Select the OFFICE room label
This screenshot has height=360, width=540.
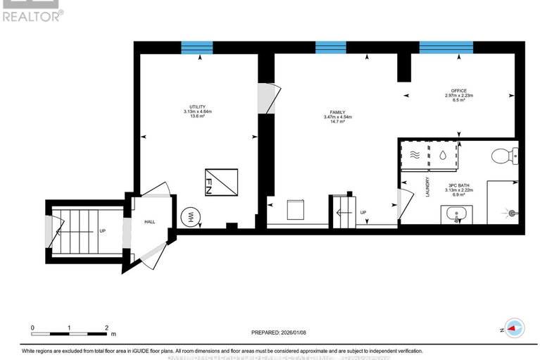pos(458,91)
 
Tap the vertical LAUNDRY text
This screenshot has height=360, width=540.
pos(427,187)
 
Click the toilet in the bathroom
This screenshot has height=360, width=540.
pos(504,154)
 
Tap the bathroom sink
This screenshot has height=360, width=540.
pos(456,214)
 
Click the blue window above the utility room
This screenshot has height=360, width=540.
pos(197,48)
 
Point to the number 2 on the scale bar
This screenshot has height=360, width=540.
pos(106,328)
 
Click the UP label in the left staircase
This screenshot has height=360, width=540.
pos(102,231)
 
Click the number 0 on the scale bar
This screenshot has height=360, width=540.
pos(32,328)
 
